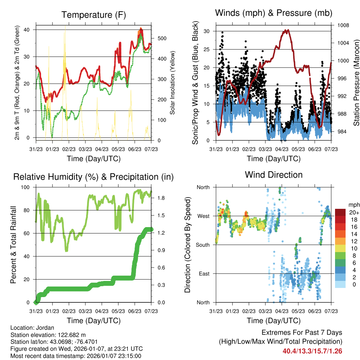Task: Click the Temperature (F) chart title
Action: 94,15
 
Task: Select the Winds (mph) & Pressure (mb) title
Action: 274,13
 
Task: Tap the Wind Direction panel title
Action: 274,175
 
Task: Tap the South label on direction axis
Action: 202,245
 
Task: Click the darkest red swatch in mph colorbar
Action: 340,212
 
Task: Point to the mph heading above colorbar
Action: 353,205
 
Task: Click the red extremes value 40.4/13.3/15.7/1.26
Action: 313,351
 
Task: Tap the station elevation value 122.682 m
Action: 71,335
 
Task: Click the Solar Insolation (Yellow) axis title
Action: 172,83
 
